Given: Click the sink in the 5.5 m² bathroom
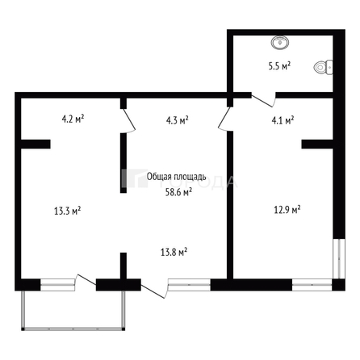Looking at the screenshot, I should (x=280, y=41).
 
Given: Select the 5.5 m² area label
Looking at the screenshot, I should (x=279, y=67).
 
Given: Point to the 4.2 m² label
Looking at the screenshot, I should (x=73, y=119).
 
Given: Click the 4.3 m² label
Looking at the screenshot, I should (x=177, y=120).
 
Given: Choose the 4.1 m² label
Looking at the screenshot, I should (x=282, y=120).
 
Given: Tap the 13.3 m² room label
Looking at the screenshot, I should (x=67, y=211).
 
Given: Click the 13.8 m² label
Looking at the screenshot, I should (x=174, y=253).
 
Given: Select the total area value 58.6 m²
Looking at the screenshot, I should (x=178, y=192).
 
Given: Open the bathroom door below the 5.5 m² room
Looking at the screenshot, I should (x=263, y=100).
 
